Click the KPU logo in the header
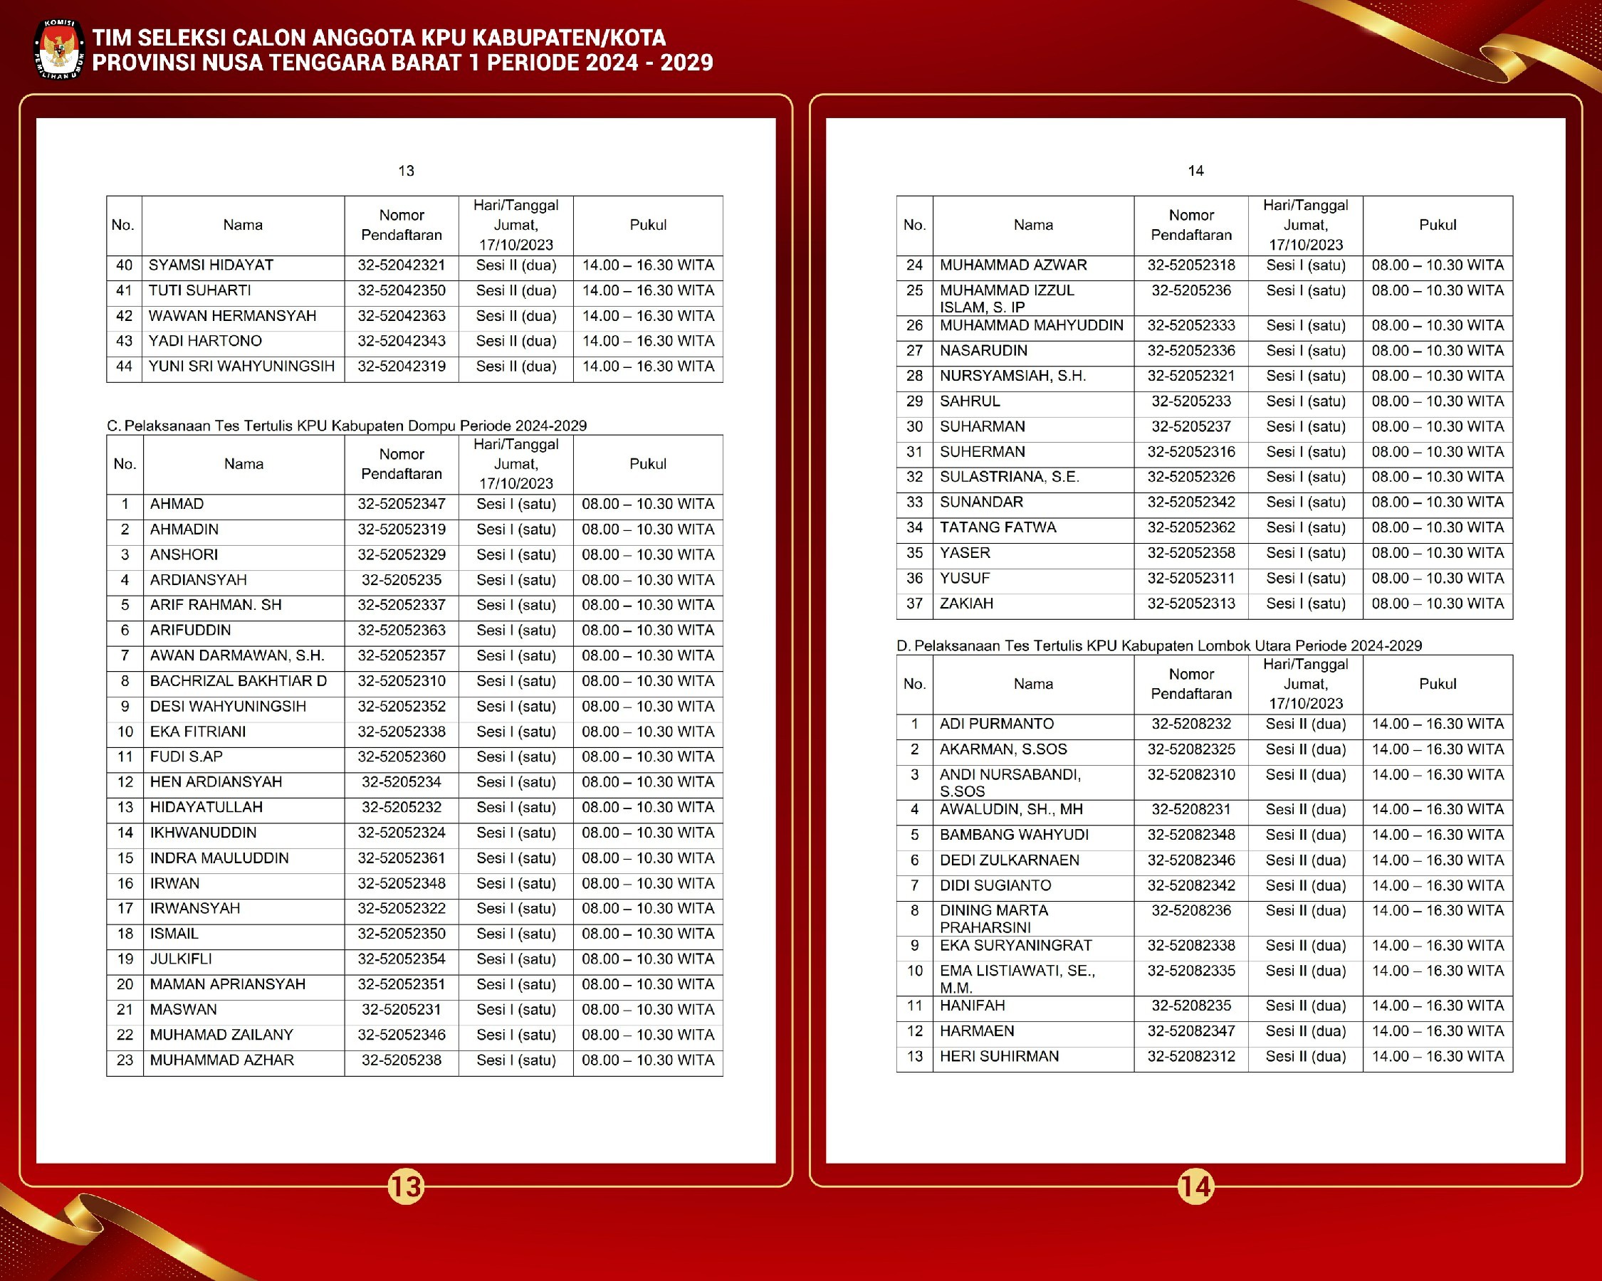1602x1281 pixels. (x=59, y=49)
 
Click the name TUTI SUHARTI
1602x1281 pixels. (x=199, y=290)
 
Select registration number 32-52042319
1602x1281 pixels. (x=402, y=366)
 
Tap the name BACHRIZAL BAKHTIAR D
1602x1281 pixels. (x=238, y=681)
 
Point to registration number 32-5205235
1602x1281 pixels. (x=402, y=580)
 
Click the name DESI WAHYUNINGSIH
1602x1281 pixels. (x=227, y=706)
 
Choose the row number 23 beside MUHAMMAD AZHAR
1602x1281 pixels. (x=125, y=1060)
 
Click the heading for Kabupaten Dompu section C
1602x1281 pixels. (x=346, y=426)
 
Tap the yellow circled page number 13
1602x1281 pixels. (x=406, y=1186)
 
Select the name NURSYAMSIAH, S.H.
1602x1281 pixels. (x=1012, y=376)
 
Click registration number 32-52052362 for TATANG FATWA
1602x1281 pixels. (x=1191, y=527)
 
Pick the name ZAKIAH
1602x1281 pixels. (x=966, y=603)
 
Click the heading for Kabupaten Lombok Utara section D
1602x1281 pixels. (x=1158, y=645)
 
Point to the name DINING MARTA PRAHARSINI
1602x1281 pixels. (x=993, y=919)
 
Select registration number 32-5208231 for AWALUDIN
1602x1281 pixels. (x=1191, y=809)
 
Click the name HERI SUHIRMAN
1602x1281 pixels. (x=999, y=1057)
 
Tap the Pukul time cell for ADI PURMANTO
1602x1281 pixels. (x=1437, y=724)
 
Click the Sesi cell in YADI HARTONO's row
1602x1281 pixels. (x=515, y=341)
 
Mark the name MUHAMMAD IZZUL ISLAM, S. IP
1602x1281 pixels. (x=1006, y=298)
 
